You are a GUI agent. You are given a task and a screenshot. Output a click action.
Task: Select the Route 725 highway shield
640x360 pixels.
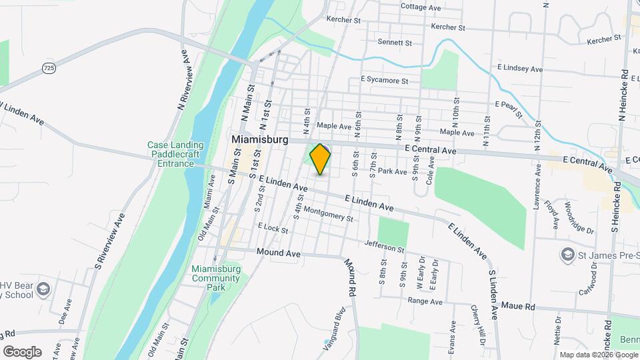tap(48, 68)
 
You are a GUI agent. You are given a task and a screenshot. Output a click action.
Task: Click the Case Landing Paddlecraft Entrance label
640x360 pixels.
tap(171, 154)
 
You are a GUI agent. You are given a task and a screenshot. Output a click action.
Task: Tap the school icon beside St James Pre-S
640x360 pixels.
tap(567, 254)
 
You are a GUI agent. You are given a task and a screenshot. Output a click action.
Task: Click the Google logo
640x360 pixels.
tap(22, 352)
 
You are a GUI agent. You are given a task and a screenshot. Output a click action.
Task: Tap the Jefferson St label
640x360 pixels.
tap(385, 246)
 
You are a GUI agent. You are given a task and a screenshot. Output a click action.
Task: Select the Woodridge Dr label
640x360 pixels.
tap(578, 217)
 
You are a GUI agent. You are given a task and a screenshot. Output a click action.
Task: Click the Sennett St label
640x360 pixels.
tap(395, 43)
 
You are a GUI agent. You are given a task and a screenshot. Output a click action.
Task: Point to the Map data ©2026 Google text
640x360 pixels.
tap(598, 355)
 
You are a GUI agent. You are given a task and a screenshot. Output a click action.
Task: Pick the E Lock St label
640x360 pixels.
tap(272, 229)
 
